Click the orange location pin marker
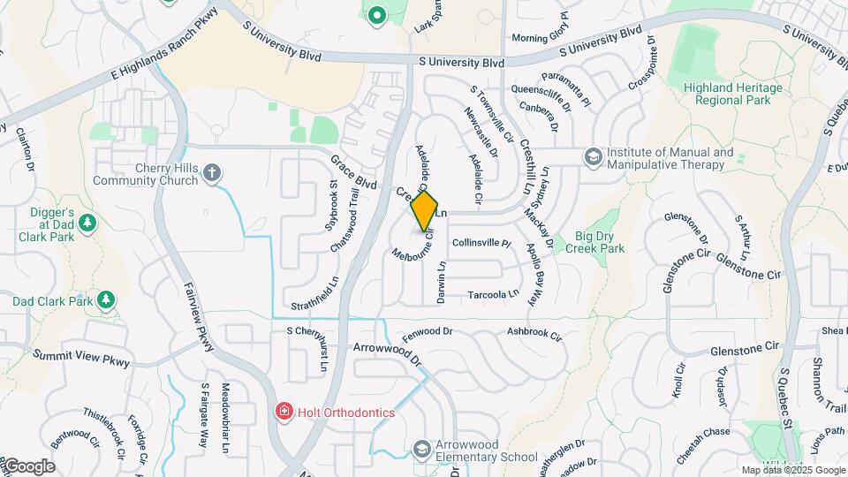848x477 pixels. pos(425,211)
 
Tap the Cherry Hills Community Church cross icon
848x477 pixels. pos(212,172)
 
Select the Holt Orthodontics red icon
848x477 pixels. pos(284,412)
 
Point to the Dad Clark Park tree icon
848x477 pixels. pos(106,300)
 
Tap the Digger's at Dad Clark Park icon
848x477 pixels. pos(87,223)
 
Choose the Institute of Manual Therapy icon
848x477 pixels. pos(593,157)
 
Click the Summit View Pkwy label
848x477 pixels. pos(81,358)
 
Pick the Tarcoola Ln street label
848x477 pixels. pos(492,293)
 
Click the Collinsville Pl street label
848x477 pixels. pos(481,242)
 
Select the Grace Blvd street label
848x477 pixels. pos(354,172)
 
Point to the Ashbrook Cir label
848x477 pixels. pos(534,334)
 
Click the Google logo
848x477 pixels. pos(28,466)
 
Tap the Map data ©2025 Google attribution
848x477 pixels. pos(792,470)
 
